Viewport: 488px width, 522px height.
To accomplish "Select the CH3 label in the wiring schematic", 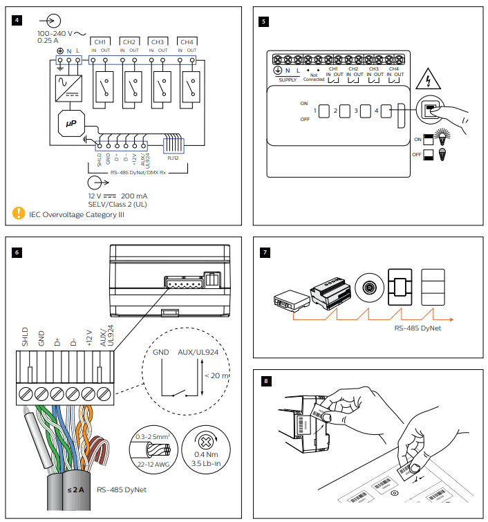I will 158,42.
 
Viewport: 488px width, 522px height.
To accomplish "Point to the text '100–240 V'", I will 55,32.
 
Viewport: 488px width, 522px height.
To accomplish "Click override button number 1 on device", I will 324,111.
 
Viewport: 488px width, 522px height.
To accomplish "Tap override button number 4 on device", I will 385,111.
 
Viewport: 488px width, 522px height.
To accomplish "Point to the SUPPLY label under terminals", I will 287,80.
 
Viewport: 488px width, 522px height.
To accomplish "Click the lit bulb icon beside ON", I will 439,138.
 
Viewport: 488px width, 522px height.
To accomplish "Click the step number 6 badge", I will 17,252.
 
